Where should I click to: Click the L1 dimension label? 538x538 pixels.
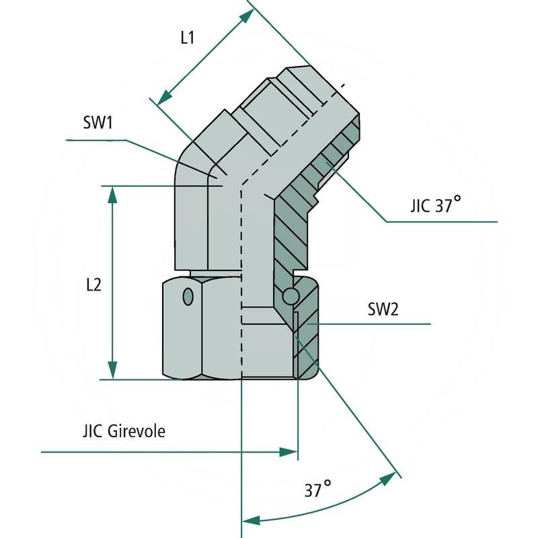[187, 38]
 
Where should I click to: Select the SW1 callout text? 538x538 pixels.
[97, 123]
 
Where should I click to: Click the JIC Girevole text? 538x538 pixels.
[123, 431]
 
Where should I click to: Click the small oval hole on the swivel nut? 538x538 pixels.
[188, 296]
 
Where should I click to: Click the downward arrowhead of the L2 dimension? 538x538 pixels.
[112, 371]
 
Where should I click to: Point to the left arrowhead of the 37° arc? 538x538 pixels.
[250, 520]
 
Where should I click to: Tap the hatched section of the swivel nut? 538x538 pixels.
[307, 336]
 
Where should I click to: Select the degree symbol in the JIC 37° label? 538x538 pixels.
[457, 199]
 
